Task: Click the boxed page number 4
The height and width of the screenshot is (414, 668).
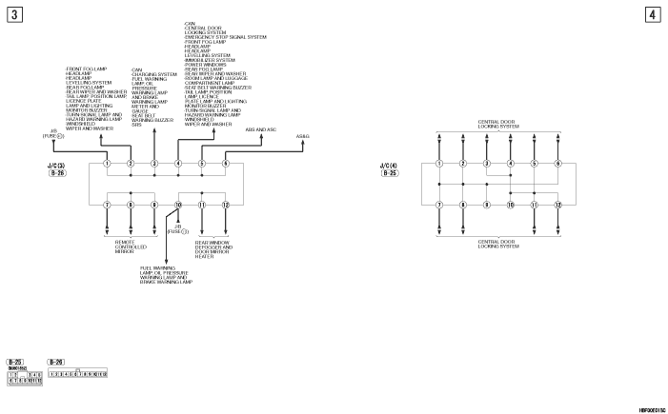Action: coord(652,14)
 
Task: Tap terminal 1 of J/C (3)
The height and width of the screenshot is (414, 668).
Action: coord(107,164)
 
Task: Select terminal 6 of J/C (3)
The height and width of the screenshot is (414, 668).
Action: coord(226,164)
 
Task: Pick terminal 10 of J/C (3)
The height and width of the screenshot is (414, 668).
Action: coord(178,205)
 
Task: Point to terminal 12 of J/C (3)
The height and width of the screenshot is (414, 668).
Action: coord(226,205)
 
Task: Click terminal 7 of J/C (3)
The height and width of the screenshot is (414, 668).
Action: coord(107,205)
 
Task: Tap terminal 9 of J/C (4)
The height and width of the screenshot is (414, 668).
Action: coord(487,205)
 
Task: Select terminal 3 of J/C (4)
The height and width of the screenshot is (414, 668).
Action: coord(487,164)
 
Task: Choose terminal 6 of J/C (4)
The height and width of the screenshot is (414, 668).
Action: coord(558,164)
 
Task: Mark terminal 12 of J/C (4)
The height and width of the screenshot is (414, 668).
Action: coord(558,205)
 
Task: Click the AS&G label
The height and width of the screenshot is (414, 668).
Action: coord(303,137)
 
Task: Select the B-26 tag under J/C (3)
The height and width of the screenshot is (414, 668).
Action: coord(56,175)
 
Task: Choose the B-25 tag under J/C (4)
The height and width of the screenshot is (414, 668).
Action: coord(390,175)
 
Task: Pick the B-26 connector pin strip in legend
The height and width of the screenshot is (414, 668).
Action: coord(77,374)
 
